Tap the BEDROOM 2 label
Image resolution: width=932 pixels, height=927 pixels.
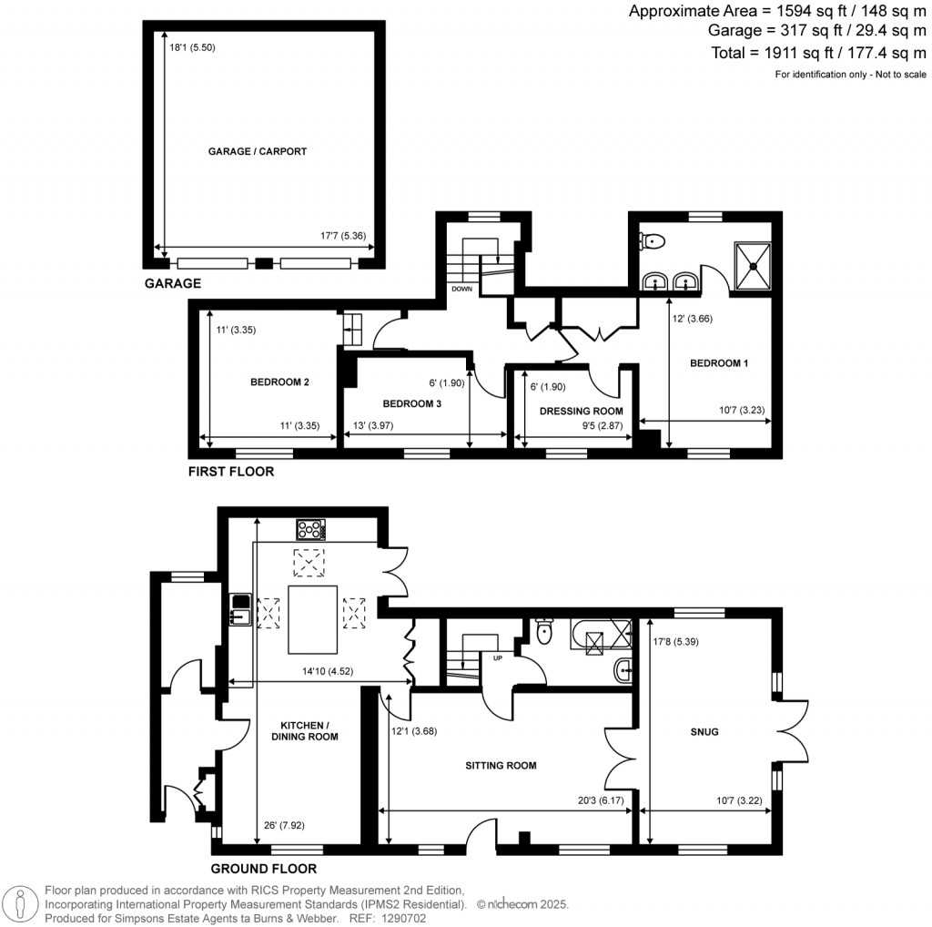tap(279, 382)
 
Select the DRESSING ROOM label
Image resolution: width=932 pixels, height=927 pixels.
tap(581, 411)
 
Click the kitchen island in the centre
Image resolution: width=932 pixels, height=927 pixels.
tap(313, 619)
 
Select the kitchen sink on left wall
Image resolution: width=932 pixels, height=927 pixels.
tap(240, 610)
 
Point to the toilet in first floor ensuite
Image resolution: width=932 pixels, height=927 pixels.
tap(653, 240)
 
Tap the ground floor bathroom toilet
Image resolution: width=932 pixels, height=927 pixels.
tap(544, 631)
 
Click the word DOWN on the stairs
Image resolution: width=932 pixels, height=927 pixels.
tap(461, 289)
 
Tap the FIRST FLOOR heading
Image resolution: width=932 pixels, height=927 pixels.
tap(230, 472)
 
